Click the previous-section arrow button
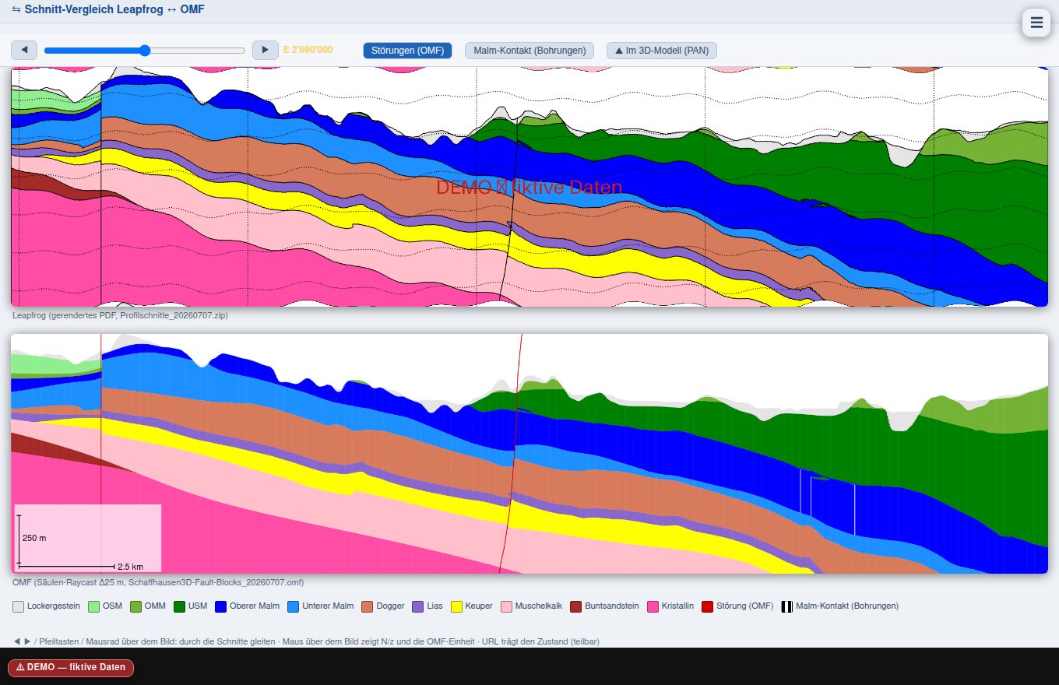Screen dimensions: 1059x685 [x=24, y=50]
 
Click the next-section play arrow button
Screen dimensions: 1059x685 [x=266, y=50]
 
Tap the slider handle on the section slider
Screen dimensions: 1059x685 [x=145, y=51]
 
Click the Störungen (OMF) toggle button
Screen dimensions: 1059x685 [x=407, y=50]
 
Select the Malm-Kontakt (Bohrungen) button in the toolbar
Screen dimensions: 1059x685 [x=529, y=50]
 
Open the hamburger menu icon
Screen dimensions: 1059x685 [x=1036, y=23]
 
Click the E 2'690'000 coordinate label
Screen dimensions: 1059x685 [x=308, y=50]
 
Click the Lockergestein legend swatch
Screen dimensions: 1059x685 [x=19, y=606]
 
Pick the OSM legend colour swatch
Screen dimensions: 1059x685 [x=94, y=606]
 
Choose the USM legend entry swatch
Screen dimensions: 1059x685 [x=179, y=606]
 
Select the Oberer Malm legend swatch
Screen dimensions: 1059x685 [x=221, y=606]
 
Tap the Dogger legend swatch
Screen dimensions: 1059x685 [x=368, y=606]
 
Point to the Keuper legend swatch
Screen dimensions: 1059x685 [x=456, y=606]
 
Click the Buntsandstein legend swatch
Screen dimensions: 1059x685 [x=576, y=606]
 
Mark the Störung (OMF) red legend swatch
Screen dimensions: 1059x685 [x=707, y=606]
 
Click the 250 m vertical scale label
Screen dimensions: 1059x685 [x=34, y=538]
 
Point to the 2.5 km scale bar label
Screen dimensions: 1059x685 [x=130, y=567]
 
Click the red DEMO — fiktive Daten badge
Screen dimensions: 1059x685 [x=71, y=667]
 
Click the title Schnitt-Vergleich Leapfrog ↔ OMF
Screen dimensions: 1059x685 [x=114, y=9]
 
